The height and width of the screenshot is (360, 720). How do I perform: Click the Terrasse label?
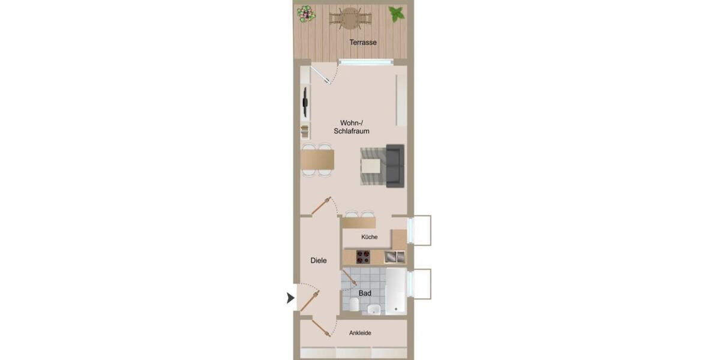pyautogui.click(x=363, y=42)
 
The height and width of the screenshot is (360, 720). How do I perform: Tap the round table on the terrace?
pyautogui.click(x=350, y=18)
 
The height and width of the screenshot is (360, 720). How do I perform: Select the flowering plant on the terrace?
pyautogui.click(x=306, y=13)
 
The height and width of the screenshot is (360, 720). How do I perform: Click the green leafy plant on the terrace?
pyautogui.click(x=396, y=13)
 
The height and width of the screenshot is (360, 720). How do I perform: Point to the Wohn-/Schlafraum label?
pyautogui.click(x=351, y=127)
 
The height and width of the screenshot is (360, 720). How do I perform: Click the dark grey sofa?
pyautogui.click(x=394, y=165)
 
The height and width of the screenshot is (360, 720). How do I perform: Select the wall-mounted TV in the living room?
pyautogui.click(x=305, y=102)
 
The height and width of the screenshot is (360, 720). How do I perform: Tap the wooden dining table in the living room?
pyautogui.click(x=317, y=160)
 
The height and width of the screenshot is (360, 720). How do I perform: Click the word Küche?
pyautogui.click(x=370, y=237)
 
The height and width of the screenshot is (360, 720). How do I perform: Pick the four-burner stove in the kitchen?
pyautogui.click(x=363, y=257)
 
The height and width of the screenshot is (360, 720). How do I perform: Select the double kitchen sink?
pyautogui.click(x=395, y=257)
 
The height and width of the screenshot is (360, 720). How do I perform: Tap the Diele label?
pyautogui.click(x=319, y=260)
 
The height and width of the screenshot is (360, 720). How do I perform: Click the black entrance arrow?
pyautogui.click(x=291, y=298)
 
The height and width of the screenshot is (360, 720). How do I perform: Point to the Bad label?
pyautogui.click(x=365, y=293)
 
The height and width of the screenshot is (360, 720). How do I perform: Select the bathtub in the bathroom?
pyautogui.click(x=396, y=291)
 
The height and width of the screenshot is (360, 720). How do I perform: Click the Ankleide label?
pyautogui.click(x=360, y=333)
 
